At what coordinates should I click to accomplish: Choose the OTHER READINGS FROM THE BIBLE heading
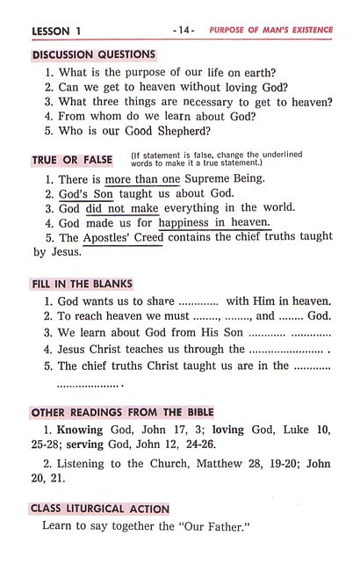point(122,412)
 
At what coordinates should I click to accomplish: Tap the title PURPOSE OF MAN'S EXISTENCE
point(270,30)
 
